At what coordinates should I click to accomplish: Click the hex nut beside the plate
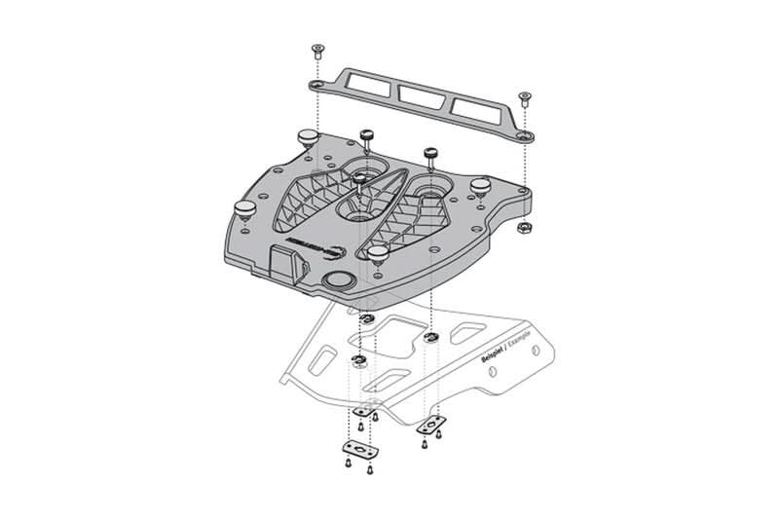pos(522,226)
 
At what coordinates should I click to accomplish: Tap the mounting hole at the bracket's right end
pos(525,133)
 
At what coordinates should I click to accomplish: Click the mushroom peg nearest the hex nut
pos(480,183)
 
